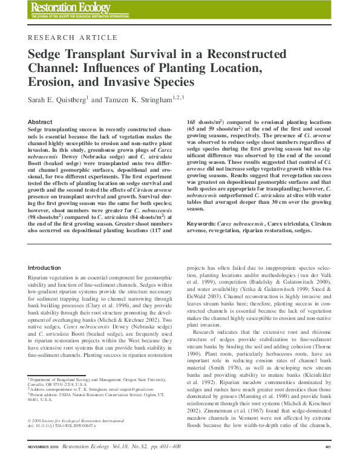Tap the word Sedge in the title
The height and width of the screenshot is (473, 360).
(x=47, y=54)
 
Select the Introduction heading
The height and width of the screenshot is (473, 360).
(x=45, y=268)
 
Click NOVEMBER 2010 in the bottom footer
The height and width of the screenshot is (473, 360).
(x=44, y=463)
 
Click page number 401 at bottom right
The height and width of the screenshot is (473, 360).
(x=328, y=463)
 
